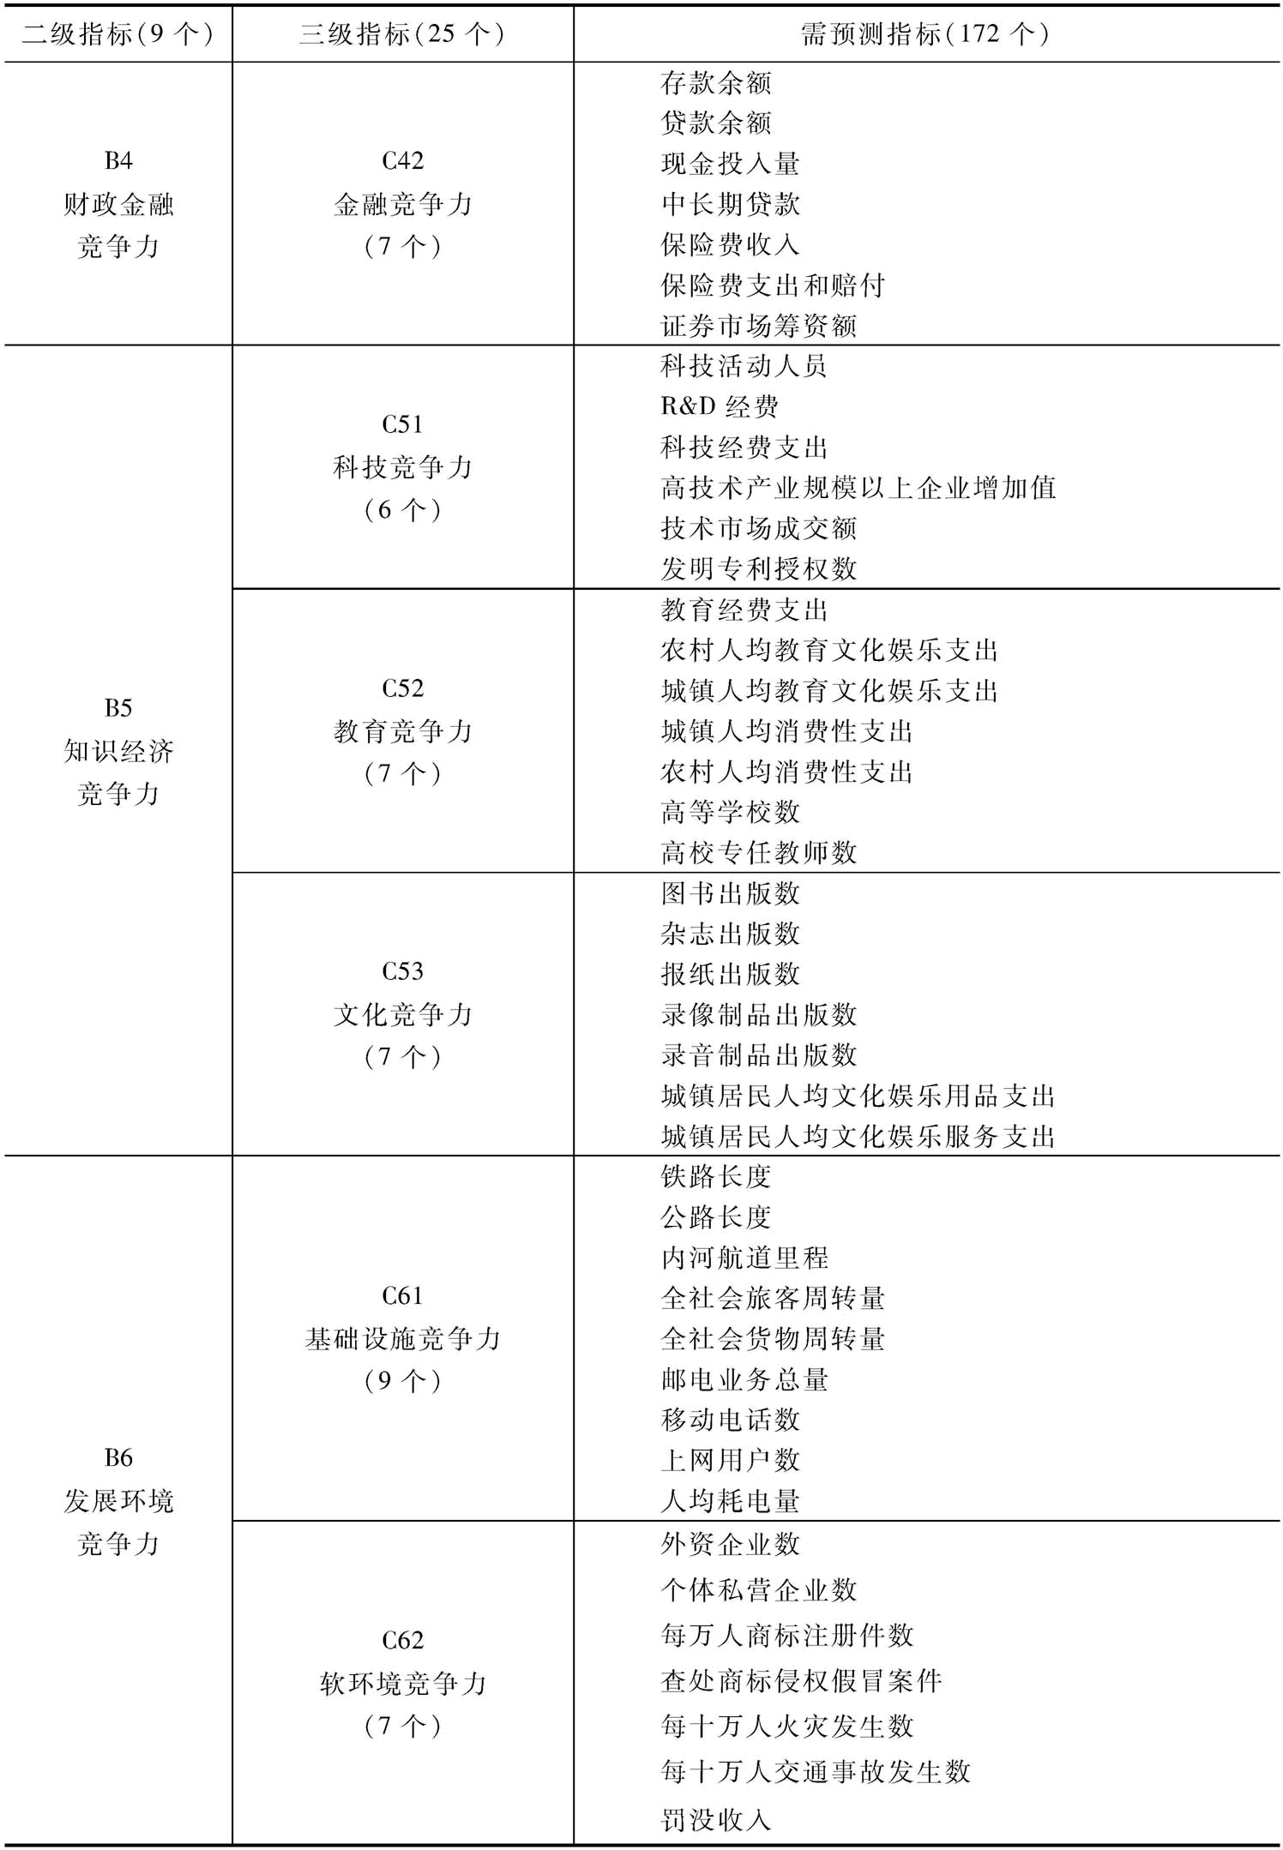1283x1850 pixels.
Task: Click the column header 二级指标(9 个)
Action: [x=117, y=34]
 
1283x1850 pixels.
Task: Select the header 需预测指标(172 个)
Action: [x=925, y=34]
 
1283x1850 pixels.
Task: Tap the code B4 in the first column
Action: [x=118, y=160]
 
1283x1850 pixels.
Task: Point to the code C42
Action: [x=402, y=160]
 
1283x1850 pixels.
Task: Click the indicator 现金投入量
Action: [x=730, y=164]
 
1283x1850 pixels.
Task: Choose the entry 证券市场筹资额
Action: [x=758, y=326]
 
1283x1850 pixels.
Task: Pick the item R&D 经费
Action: [x=719, y=406]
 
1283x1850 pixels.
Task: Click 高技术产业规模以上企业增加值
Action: [x=858, y=488]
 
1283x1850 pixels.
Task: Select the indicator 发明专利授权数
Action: [x=758, y=568]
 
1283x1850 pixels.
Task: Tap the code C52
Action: [x=402, y=688]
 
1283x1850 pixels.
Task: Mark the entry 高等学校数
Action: [x=730, y=812]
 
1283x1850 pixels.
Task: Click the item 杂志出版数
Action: [x=730, y=934]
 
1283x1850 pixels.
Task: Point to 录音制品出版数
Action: [x=758, y=1055]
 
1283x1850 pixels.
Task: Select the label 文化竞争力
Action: [x=402, y=1015]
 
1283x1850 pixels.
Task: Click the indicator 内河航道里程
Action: [x=744, y=1258]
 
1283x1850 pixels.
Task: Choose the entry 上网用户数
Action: [x=730, y=1460]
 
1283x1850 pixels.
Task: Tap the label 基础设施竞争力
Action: [x=402, y=1339]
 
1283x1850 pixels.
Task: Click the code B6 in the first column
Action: [x=118, y=1457]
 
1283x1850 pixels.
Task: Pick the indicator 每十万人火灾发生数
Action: [x=786, y=1726]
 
